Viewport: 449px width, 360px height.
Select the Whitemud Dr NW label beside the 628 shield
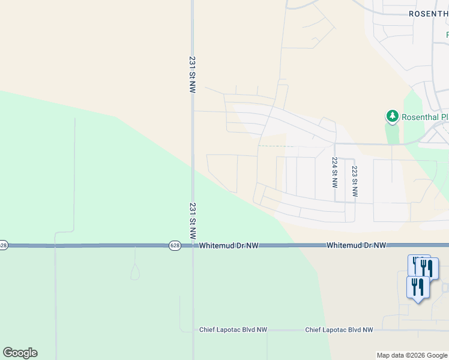[x=229, y=246]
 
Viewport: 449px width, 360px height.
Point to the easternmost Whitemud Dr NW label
[x=356, y=246]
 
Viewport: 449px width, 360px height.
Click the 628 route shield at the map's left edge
[x=4, y=245]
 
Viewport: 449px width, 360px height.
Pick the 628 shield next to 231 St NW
[x=174, y=245]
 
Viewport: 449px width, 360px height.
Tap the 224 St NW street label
[x=335, y=172]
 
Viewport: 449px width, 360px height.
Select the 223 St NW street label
[x=355, y=181]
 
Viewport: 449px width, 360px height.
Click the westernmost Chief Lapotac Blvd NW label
[x=234, y=330]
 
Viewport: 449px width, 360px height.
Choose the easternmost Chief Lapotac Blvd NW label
[x=339, y=330]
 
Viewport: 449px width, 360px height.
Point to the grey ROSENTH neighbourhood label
[x=428, y=13]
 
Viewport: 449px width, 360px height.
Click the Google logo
[x=20, y=353]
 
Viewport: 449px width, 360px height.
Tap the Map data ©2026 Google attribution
[x=412, y=355]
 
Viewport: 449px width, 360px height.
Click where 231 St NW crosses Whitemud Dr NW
[x=193, y=245]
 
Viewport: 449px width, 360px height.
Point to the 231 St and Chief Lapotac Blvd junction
[x=193, y=330]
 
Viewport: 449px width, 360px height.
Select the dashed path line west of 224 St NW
[x=273, y=146]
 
